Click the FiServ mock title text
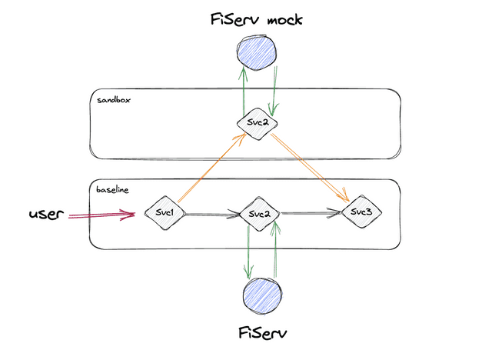(256, 18)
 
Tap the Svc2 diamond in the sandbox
(256, 124)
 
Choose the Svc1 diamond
(164, 212)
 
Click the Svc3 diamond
(361, 212)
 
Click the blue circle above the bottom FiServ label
(261, 295)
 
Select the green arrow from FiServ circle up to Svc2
(274, 250)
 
